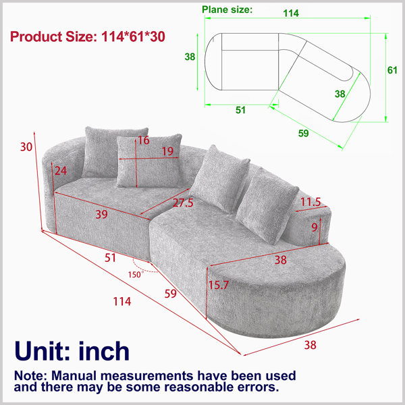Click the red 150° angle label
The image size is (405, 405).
click(136, 274)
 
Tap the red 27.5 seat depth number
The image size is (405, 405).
click(183, 202)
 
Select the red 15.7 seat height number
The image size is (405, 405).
click(219, 285)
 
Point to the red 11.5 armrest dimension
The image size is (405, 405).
click(310, 202)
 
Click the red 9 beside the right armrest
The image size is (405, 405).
click(314, 227)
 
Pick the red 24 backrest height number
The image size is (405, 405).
click(61, 171)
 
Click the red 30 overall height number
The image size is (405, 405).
click(26, 146)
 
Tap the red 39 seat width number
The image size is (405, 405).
click(101, 214)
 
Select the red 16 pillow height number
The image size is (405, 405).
click(144, 140)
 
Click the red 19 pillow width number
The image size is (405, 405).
click(167, 151)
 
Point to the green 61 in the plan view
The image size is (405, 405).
click(392, 70)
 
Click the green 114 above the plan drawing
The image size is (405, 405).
click(291, 13)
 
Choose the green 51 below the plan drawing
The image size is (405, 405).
click(240, 110)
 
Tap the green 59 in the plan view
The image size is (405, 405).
click(303, 133)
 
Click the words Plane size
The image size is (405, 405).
click(227, 9)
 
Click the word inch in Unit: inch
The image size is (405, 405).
click(104, 351)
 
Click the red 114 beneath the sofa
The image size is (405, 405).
click(122, 302)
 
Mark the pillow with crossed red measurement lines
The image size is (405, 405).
click(149, 161)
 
